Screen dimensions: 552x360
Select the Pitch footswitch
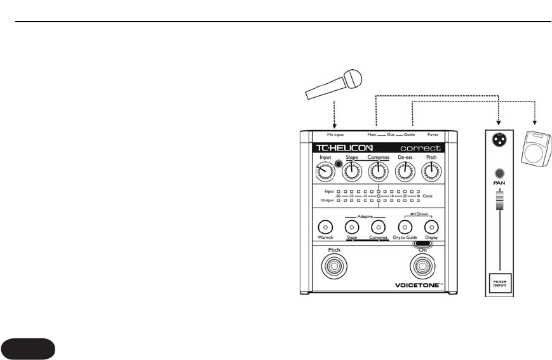tap(334, 267)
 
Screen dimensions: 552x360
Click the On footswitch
tap(422, 267)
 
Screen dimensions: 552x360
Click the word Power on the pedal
tap(433, 135)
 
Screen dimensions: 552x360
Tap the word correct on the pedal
tap(420, 148)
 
